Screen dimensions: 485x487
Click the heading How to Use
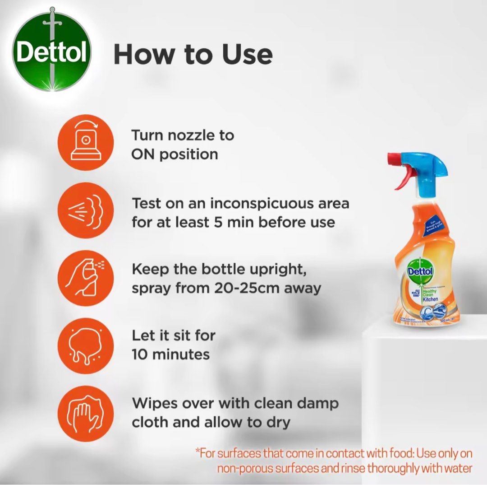click(x=193, y=54)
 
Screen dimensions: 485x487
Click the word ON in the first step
click(x=143, y=154)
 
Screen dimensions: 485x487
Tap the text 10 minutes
click(x=170, y=354)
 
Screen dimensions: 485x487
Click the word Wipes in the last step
click(x=154, y=403)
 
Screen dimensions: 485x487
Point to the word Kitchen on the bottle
click(x=430, y=299)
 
